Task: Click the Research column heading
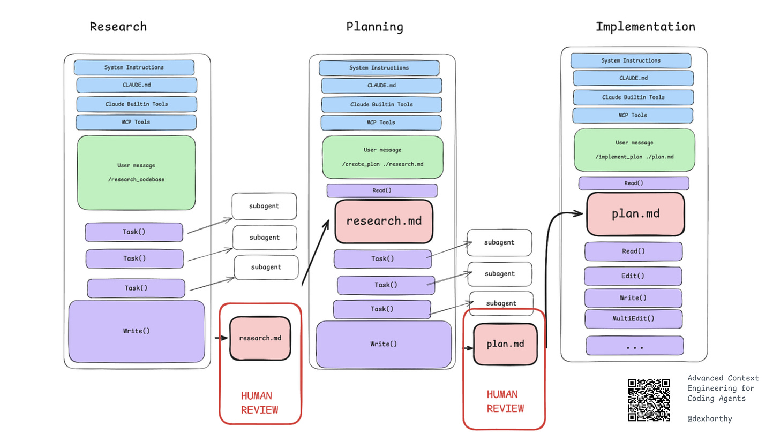(118, 27)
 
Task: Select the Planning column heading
(374, 27)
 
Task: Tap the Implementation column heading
(645, 27)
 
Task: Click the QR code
(649, 400)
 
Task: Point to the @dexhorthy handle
(710, 418)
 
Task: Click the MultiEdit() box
(633, 318)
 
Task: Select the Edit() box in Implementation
(633, 276)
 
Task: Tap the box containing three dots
(634, 346)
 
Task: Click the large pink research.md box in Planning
(384, 221)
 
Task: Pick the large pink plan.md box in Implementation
(635, 214)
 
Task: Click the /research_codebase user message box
(137, 173)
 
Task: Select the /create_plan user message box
(382, 157)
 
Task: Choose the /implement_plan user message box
(634, 150)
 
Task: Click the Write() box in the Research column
(137, 331)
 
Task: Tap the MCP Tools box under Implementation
(633, 115)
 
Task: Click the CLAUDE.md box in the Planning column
(381, 86)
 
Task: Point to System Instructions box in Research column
(134, 67)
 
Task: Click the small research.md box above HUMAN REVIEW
(260, 338)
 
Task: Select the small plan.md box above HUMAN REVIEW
(505, 344)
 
